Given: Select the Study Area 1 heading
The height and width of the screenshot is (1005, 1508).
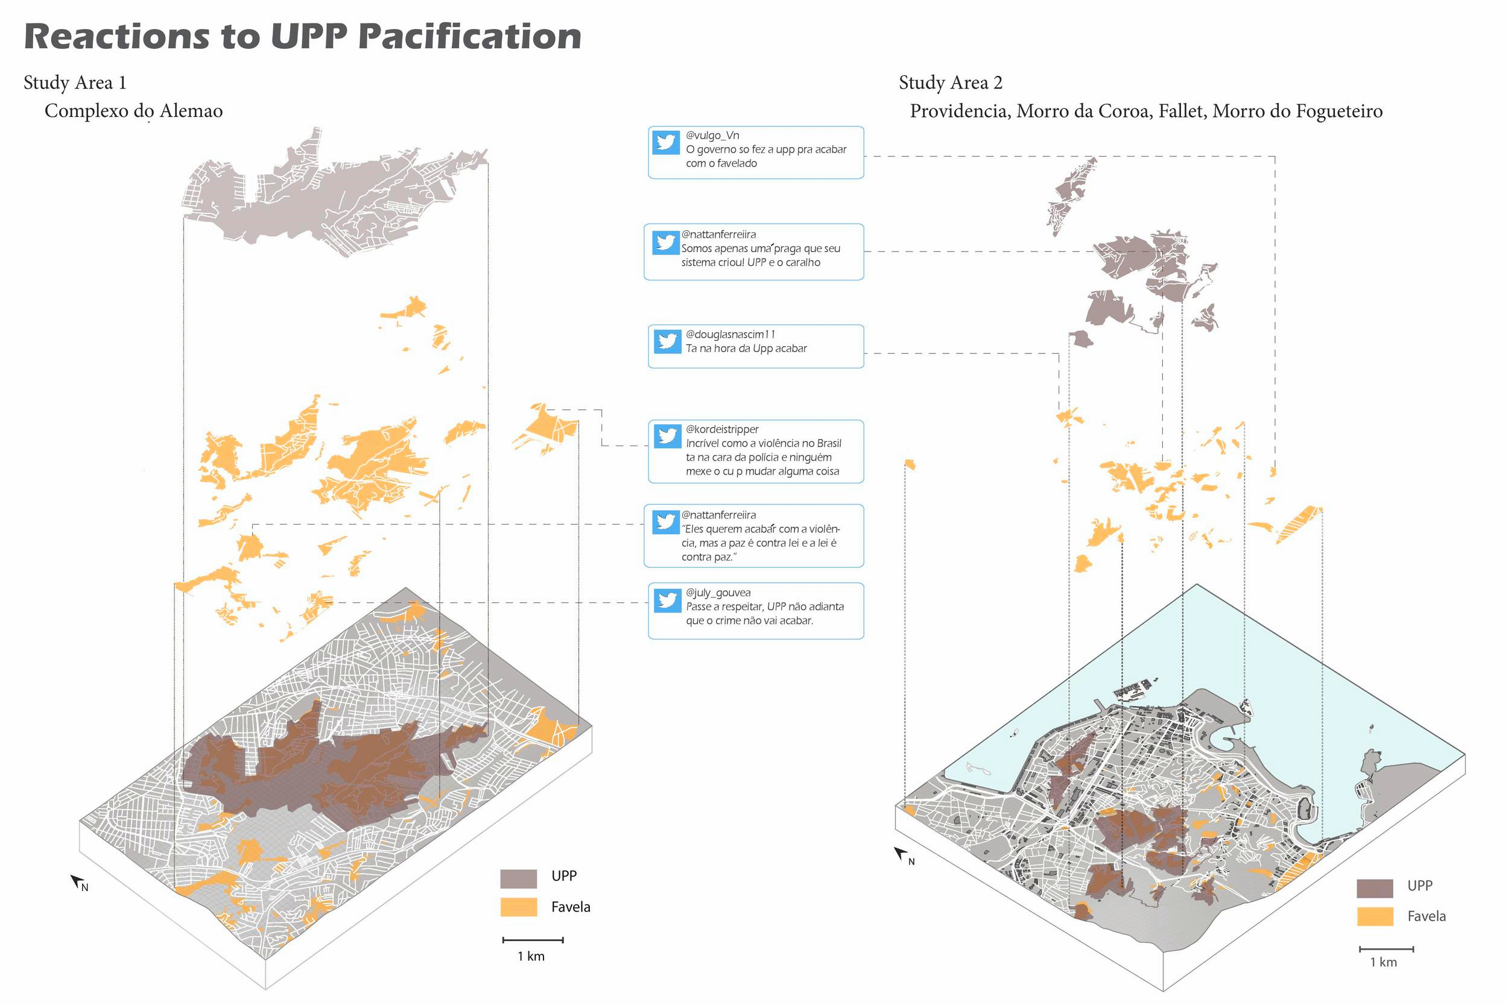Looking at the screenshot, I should coord(75,83).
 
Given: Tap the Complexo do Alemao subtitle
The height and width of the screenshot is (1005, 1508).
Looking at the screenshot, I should coord(133,111).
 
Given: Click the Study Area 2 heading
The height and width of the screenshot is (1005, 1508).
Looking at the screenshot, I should coord(950,83).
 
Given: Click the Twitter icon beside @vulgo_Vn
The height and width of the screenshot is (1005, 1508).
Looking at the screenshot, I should coord(665,142).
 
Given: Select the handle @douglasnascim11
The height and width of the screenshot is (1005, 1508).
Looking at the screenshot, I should coord(730,335).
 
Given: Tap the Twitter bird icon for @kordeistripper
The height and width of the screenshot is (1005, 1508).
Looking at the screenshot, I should coord(667,436).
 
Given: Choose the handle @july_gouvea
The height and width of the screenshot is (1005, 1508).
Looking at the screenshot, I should coord(718,593).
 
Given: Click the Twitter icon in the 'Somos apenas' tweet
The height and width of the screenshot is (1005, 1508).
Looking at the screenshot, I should coord(665,242).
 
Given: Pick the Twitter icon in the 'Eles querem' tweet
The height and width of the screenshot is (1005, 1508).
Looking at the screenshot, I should coord(665,521).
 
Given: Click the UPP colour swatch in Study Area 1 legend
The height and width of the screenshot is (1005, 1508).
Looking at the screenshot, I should coord(518,879).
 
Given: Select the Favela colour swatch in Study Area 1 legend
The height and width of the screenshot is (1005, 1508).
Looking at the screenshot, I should coord(518,907).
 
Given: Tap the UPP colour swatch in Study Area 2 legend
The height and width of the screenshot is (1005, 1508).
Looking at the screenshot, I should coord(1375,889).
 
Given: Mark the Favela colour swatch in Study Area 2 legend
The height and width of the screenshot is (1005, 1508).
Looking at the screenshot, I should coord(1375,916).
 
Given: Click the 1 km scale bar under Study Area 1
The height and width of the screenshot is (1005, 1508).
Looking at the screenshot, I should coord(533,940).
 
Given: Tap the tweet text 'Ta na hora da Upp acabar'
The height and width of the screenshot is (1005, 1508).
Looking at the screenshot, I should coord(746,348).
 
